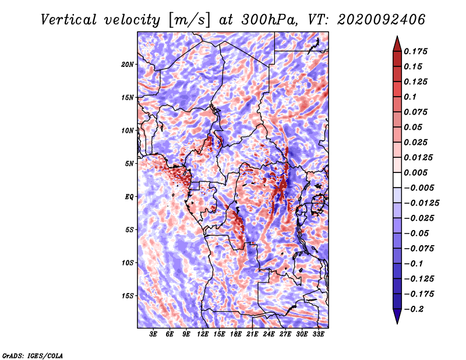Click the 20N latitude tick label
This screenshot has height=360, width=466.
pyautogui.click(x=128, y=64)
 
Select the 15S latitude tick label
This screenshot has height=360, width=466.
pyautogui.click(x=128, y=296)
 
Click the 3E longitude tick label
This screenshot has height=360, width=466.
pyautogui.click(x=154, y=334)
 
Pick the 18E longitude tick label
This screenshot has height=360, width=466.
pyautogui.click(x=236, y=334)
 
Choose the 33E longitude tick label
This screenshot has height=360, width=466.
pyautogui.click(x=318, y=334)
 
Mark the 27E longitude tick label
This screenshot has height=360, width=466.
pyautogui.click(x=285, y=334)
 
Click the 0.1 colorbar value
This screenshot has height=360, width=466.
pyautogui.click(x=411, y=97)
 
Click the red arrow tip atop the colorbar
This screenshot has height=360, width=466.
pyautogui.click(x=396, y=41)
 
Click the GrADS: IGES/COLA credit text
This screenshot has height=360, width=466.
pyautogui.click(x=33, y=355)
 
